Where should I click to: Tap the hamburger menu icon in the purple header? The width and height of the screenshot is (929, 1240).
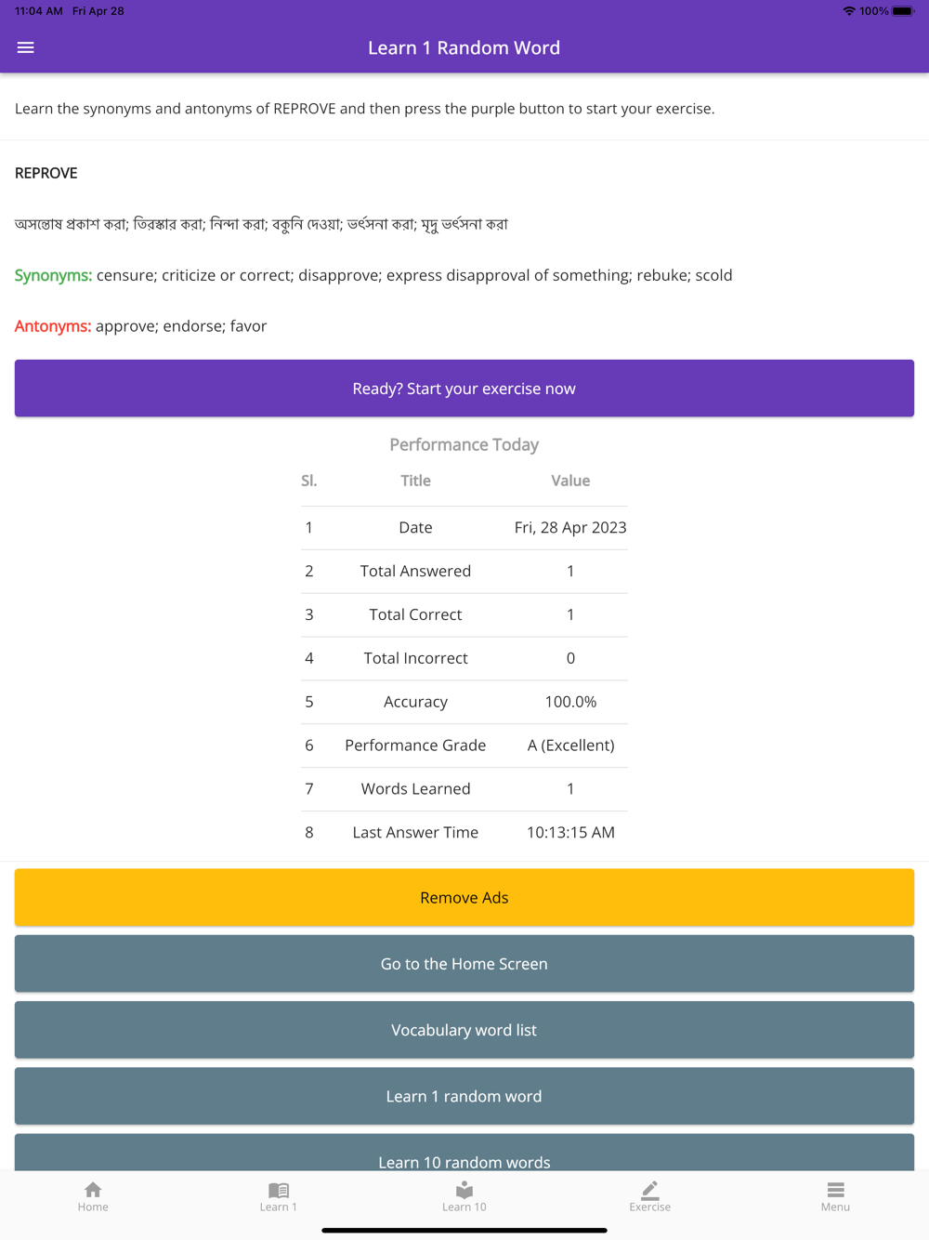point(26,47)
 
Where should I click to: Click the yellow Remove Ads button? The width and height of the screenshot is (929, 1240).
point(464,897)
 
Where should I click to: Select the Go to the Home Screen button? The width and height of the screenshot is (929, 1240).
point(464,964)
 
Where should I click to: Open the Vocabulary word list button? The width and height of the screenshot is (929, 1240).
point(464,1030)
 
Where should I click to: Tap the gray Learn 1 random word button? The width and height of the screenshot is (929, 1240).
point(464,1096)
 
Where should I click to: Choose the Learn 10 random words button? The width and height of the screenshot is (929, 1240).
point(464,1156)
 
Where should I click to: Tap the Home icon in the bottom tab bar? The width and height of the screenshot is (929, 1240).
point(93,1196)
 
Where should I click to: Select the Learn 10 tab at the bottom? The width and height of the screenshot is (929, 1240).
point(464,1196)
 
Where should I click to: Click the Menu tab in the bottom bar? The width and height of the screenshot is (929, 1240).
point(835,1196)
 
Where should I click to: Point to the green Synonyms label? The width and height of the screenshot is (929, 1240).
point(53,275)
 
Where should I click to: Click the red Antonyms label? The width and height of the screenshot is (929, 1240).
point(53,326)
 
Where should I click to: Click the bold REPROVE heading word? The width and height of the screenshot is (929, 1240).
point(46,173)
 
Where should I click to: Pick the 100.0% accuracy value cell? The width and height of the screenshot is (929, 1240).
point(570,702)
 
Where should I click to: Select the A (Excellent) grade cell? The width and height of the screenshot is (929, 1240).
point(570,745)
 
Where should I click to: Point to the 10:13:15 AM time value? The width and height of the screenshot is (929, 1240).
point(570,833)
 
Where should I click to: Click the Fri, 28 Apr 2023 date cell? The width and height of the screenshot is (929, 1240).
point(570,528)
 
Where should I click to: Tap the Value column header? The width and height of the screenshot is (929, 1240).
point(570,481)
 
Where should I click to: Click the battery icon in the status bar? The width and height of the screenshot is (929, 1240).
point(903,11)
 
